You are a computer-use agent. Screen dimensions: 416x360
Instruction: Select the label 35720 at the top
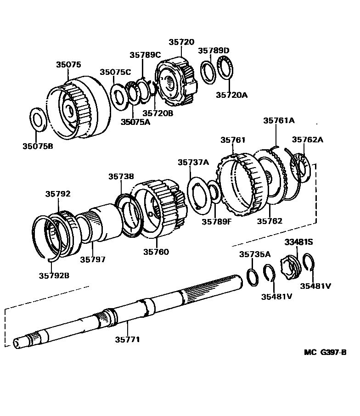coord(181,41)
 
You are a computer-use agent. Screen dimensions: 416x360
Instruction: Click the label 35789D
coord(214,50)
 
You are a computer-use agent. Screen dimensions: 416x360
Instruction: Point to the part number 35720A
coord(231,95)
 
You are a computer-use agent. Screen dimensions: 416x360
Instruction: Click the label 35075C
coord(116,72)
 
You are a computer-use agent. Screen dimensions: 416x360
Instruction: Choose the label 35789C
coord(145,55)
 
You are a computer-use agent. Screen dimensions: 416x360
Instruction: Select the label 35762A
coord(308,140)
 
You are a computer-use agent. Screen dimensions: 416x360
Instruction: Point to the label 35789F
coord(217,221)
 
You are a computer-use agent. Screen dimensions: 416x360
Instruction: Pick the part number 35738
coord(121,176)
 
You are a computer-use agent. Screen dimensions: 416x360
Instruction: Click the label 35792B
coord(54,275)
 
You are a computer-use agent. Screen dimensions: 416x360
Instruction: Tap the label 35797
coord(93,259)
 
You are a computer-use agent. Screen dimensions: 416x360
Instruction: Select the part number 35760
coord(156,252)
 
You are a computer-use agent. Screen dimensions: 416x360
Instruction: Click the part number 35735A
coord(255,253)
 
